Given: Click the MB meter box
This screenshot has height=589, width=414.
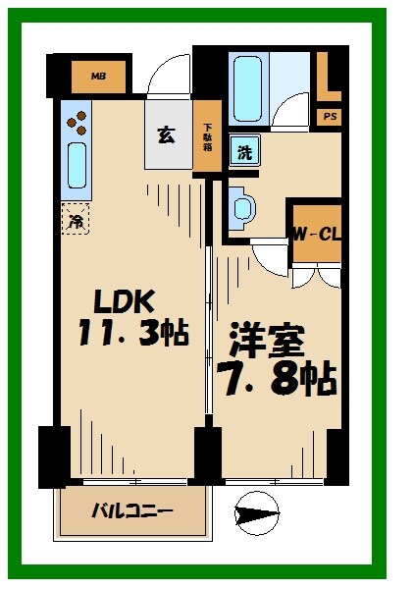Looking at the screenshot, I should [99, 75].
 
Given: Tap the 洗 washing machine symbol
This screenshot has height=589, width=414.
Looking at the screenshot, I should [243, 152].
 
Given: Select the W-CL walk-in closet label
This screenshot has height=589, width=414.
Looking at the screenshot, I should [315, 235].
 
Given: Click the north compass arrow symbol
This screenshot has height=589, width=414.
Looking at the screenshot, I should [257, 513].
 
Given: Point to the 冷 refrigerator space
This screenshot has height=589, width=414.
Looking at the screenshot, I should [74, 218].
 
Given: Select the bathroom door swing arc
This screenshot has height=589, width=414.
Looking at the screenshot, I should [289, 111].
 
